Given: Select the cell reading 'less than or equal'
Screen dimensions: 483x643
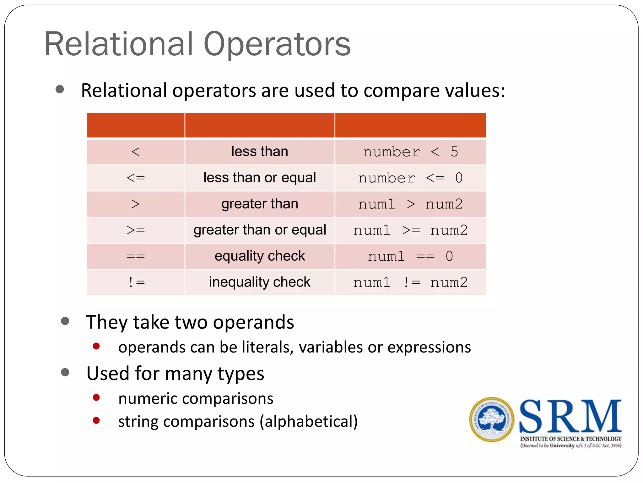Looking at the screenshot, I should click(x=260, y=178).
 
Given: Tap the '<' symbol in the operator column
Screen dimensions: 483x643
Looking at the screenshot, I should click(x=135, y=152).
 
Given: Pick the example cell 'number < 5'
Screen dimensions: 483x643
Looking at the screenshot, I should click(x=410, y=152).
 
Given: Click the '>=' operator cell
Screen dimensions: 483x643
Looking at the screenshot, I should click(x=135, y=230).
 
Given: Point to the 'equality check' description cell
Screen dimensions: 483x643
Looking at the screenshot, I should click(x=260, y=256).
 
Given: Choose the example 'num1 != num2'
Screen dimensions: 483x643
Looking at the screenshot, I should click(x=410, y=282).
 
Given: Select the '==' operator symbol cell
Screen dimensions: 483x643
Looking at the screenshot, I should click(x=135, y=256).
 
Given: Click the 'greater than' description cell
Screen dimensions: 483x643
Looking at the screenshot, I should click(x=260, y=204).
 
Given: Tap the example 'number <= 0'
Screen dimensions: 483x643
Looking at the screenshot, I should click(x=410, y=178).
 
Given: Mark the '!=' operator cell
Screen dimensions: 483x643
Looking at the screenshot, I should click(x=135, y=282).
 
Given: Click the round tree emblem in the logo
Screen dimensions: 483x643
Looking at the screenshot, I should click(x=492, y=419).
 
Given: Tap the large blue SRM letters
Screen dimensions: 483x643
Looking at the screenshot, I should click(x=570, y=416).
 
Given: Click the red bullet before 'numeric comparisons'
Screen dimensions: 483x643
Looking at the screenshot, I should click(x=96, y=398).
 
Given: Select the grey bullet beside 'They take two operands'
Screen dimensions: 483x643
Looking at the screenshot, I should click(x=65, y=321).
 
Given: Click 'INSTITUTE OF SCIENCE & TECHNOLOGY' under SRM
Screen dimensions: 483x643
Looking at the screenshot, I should click(x=570, y=439).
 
